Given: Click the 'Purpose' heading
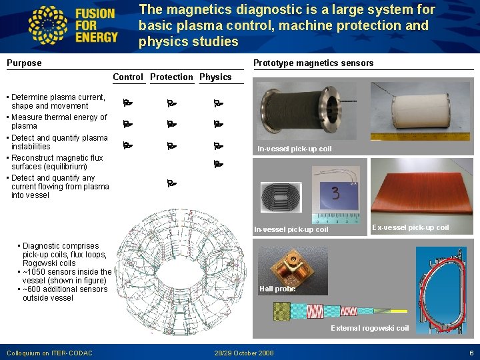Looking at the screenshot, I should pyautogui.click(x=24, y=63).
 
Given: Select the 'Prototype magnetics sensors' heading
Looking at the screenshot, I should pyautogui.click(x=313, y=63).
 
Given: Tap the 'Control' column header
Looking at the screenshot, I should pyautogui.click(x=128, y=77).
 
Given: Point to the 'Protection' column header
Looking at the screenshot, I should pyautogui.click(x=172, y=77).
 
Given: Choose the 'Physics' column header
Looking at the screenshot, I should pyautogui.click(x=215, y=77).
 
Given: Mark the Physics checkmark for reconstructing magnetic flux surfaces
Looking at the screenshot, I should pyautogui.click(x=217, y=163).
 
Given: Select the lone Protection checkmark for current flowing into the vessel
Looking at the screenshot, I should pyautogui.click(x=171, y=183).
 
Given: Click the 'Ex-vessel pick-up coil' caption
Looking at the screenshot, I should pyautogui.click(x=410, y=228).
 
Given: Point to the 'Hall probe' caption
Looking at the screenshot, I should pyautogui.click(x=277, y=289).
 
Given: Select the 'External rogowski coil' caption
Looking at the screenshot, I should pyautogui.click(x=370, y=328).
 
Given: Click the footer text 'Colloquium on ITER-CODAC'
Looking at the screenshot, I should pyautogui.click(x=49, y=353).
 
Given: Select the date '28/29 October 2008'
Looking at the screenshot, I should pyautogui.click(x=244, y=353).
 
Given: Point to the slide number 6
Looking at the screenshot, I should pyautogui.click(x=471, y=353).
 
